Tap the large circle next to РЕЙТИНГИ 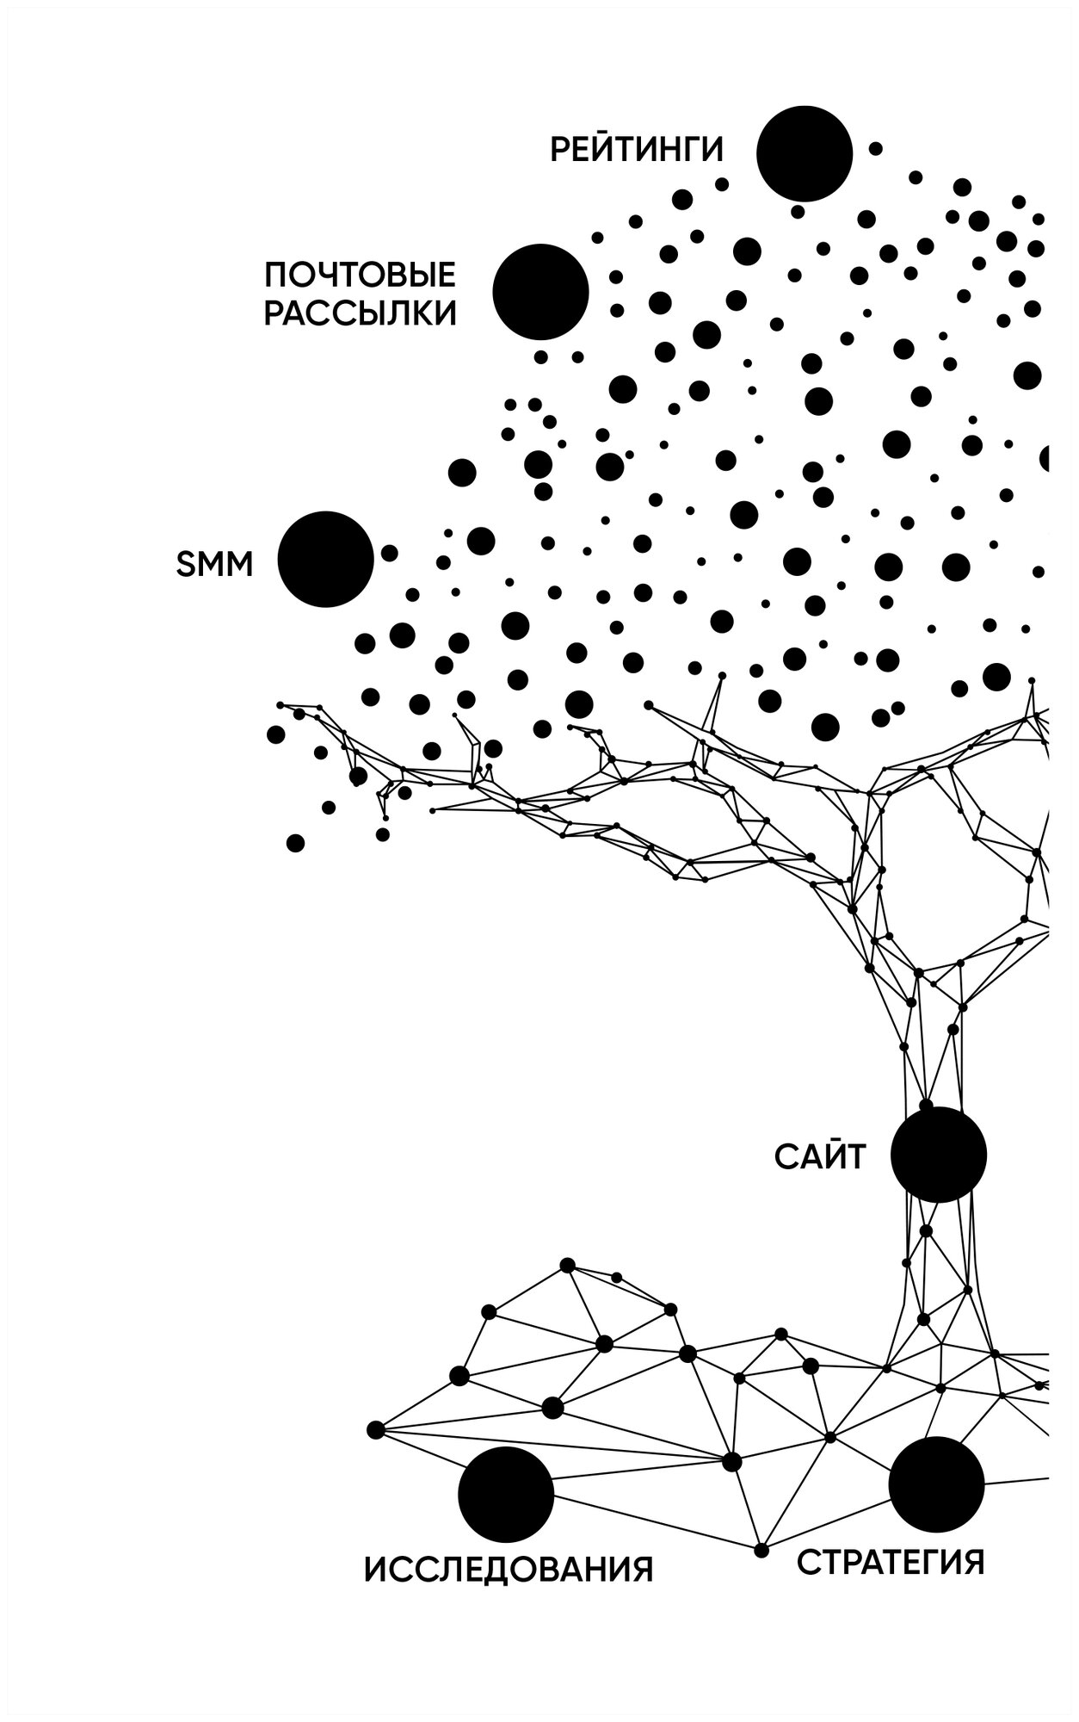point(804,153)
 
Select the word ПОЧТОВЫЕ point(360,276)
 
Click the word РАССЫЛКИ point(360,314)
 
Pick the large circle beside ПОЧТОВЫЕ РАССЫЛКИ point(540,291)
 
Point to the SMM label point(214,566)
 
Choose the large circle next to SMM point(325,559)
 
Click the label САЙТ point(820,1158)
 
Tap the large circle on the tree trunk point(938,1155)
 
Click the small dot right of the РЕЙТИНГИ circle point(875,148)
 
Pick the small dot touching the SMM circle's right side point(389,553)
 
